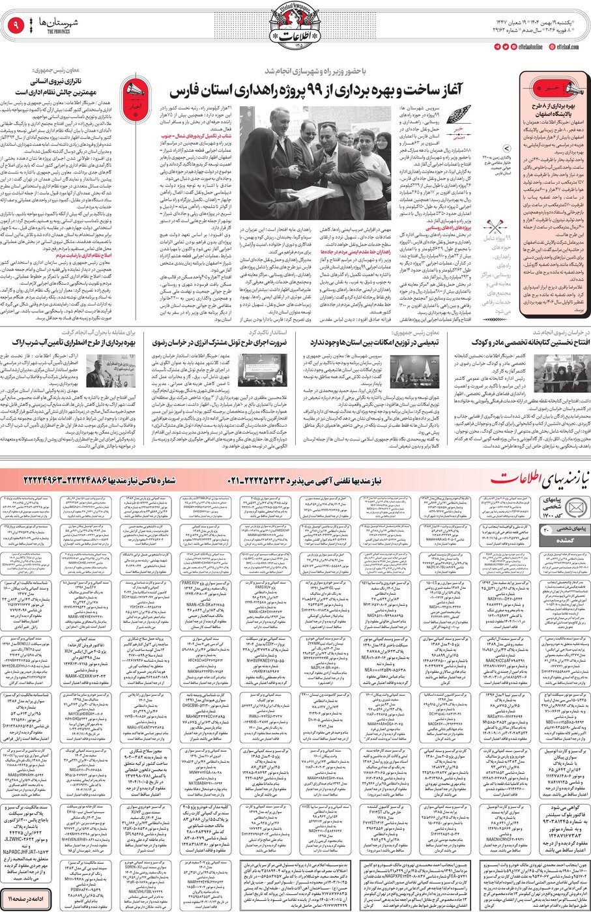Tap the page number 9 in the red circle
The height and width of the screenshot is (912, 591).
pos(14,27)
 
